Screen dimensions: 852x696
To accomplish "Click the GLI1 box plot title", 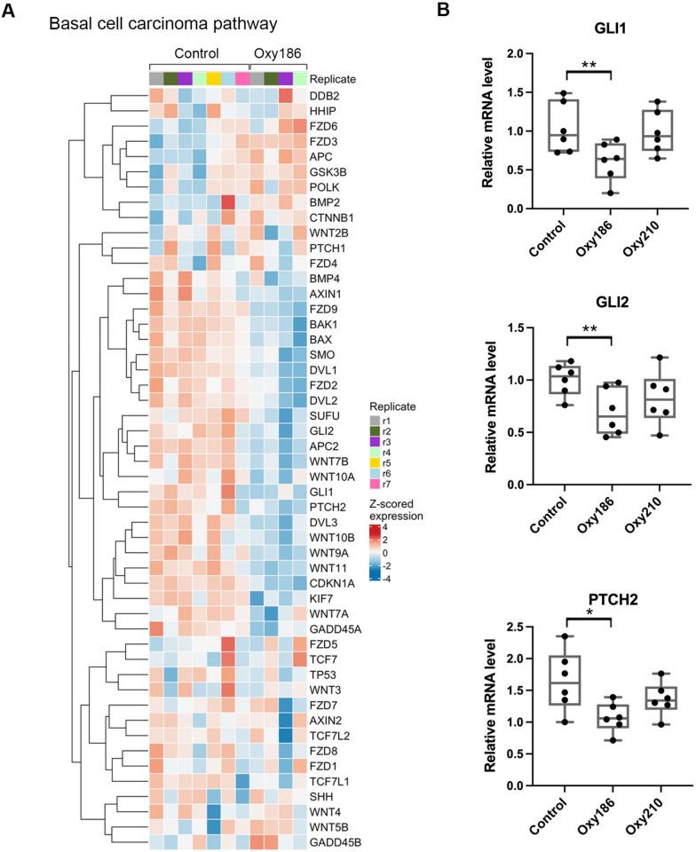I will point(580,28).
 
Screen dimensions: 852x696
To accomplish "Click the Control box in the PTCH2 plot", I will point(564,679).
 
